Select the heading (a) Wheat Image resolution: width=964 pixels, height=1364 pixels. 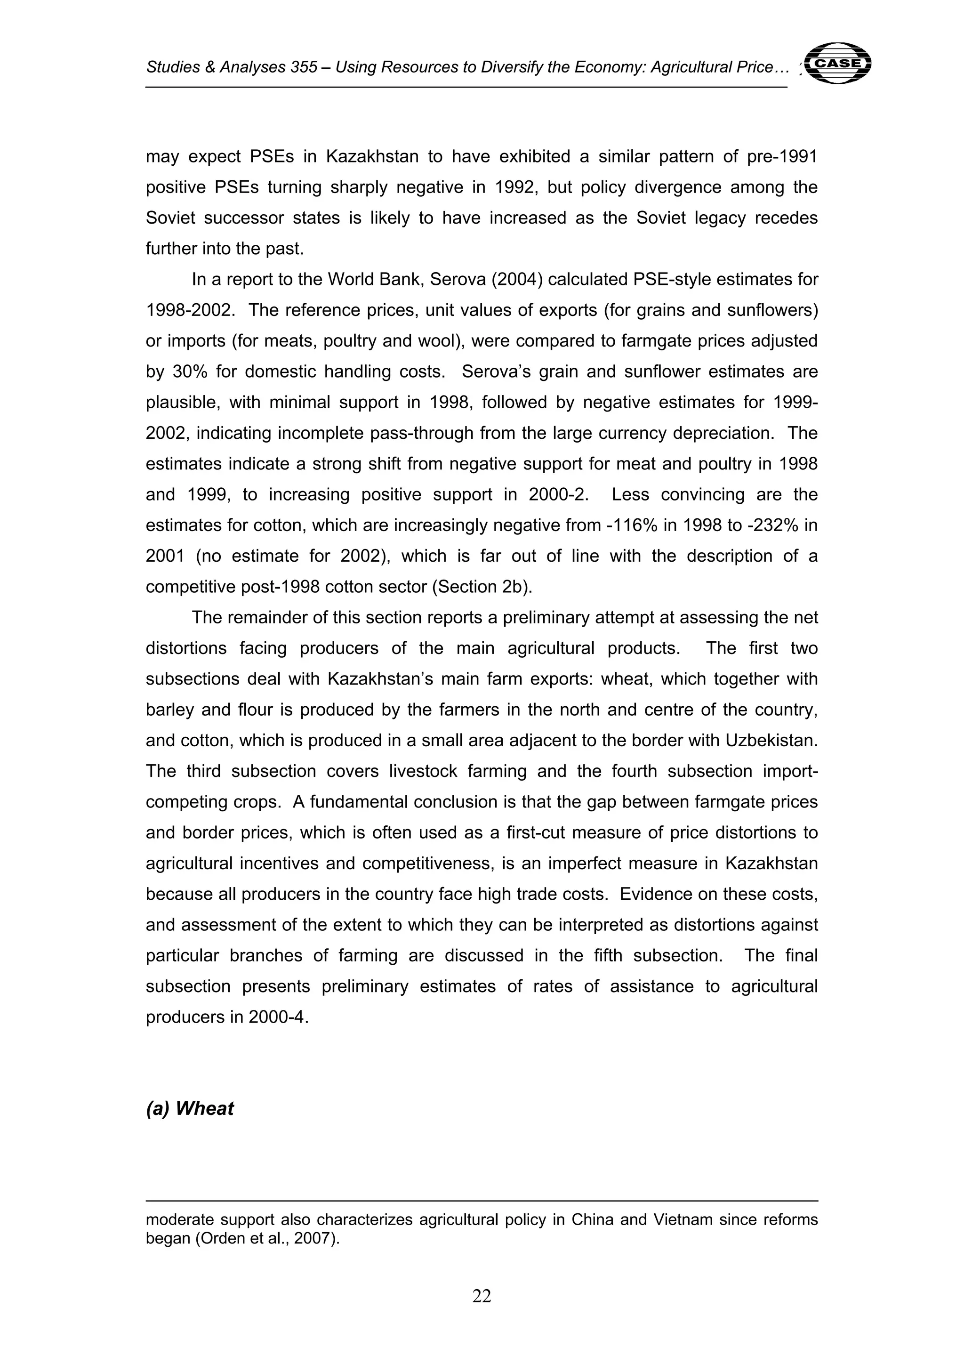click(x=190, y=1108)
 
